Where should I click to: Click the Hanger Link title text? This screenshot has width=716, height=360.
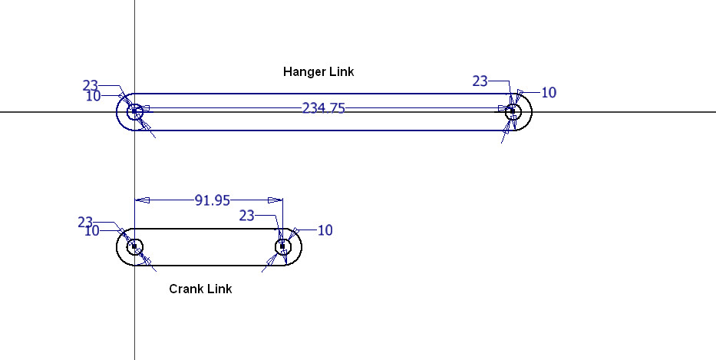point(318,71)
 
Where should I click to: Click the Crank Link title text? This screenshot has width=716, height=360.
point(200,289)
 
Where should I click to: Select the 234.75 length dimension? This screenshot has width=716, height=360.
point(323,109)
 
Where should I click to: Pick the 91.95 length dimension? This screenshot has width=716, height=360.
point(213,200)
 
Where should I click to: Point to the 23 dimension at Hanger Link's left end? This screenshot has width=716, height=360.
point(91,85)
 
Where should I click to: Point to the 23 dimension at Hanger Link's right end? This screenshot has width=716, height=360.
point(480,81)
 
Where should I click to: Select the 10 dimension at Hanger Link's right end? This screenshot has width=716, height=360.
point(549,93)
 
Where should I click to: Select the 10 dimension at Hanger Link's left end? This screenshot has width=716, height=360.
point(93,96)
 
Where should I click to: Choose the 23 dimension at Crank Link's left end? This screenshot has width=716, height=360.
point(85,223)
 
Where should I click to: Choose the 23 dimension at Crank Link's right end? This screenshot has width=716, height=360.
point(246,216)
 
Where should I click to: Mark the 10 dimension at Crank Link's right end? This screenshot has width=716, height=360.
point(325,230)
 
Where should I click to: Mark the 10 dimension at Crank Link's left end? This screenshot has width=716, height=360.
point(92,231)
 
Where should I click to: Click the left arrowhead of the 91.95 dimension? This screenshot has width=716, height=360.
point(143,200)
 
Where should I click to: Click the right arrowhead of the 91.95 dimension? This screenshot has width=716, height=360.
point(276,200)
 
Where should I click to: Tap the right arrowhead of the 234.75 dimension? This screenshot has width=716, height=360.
point(504,108)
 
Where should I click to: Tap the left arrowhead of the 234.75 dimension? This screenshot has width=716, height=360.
point(144,108)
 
